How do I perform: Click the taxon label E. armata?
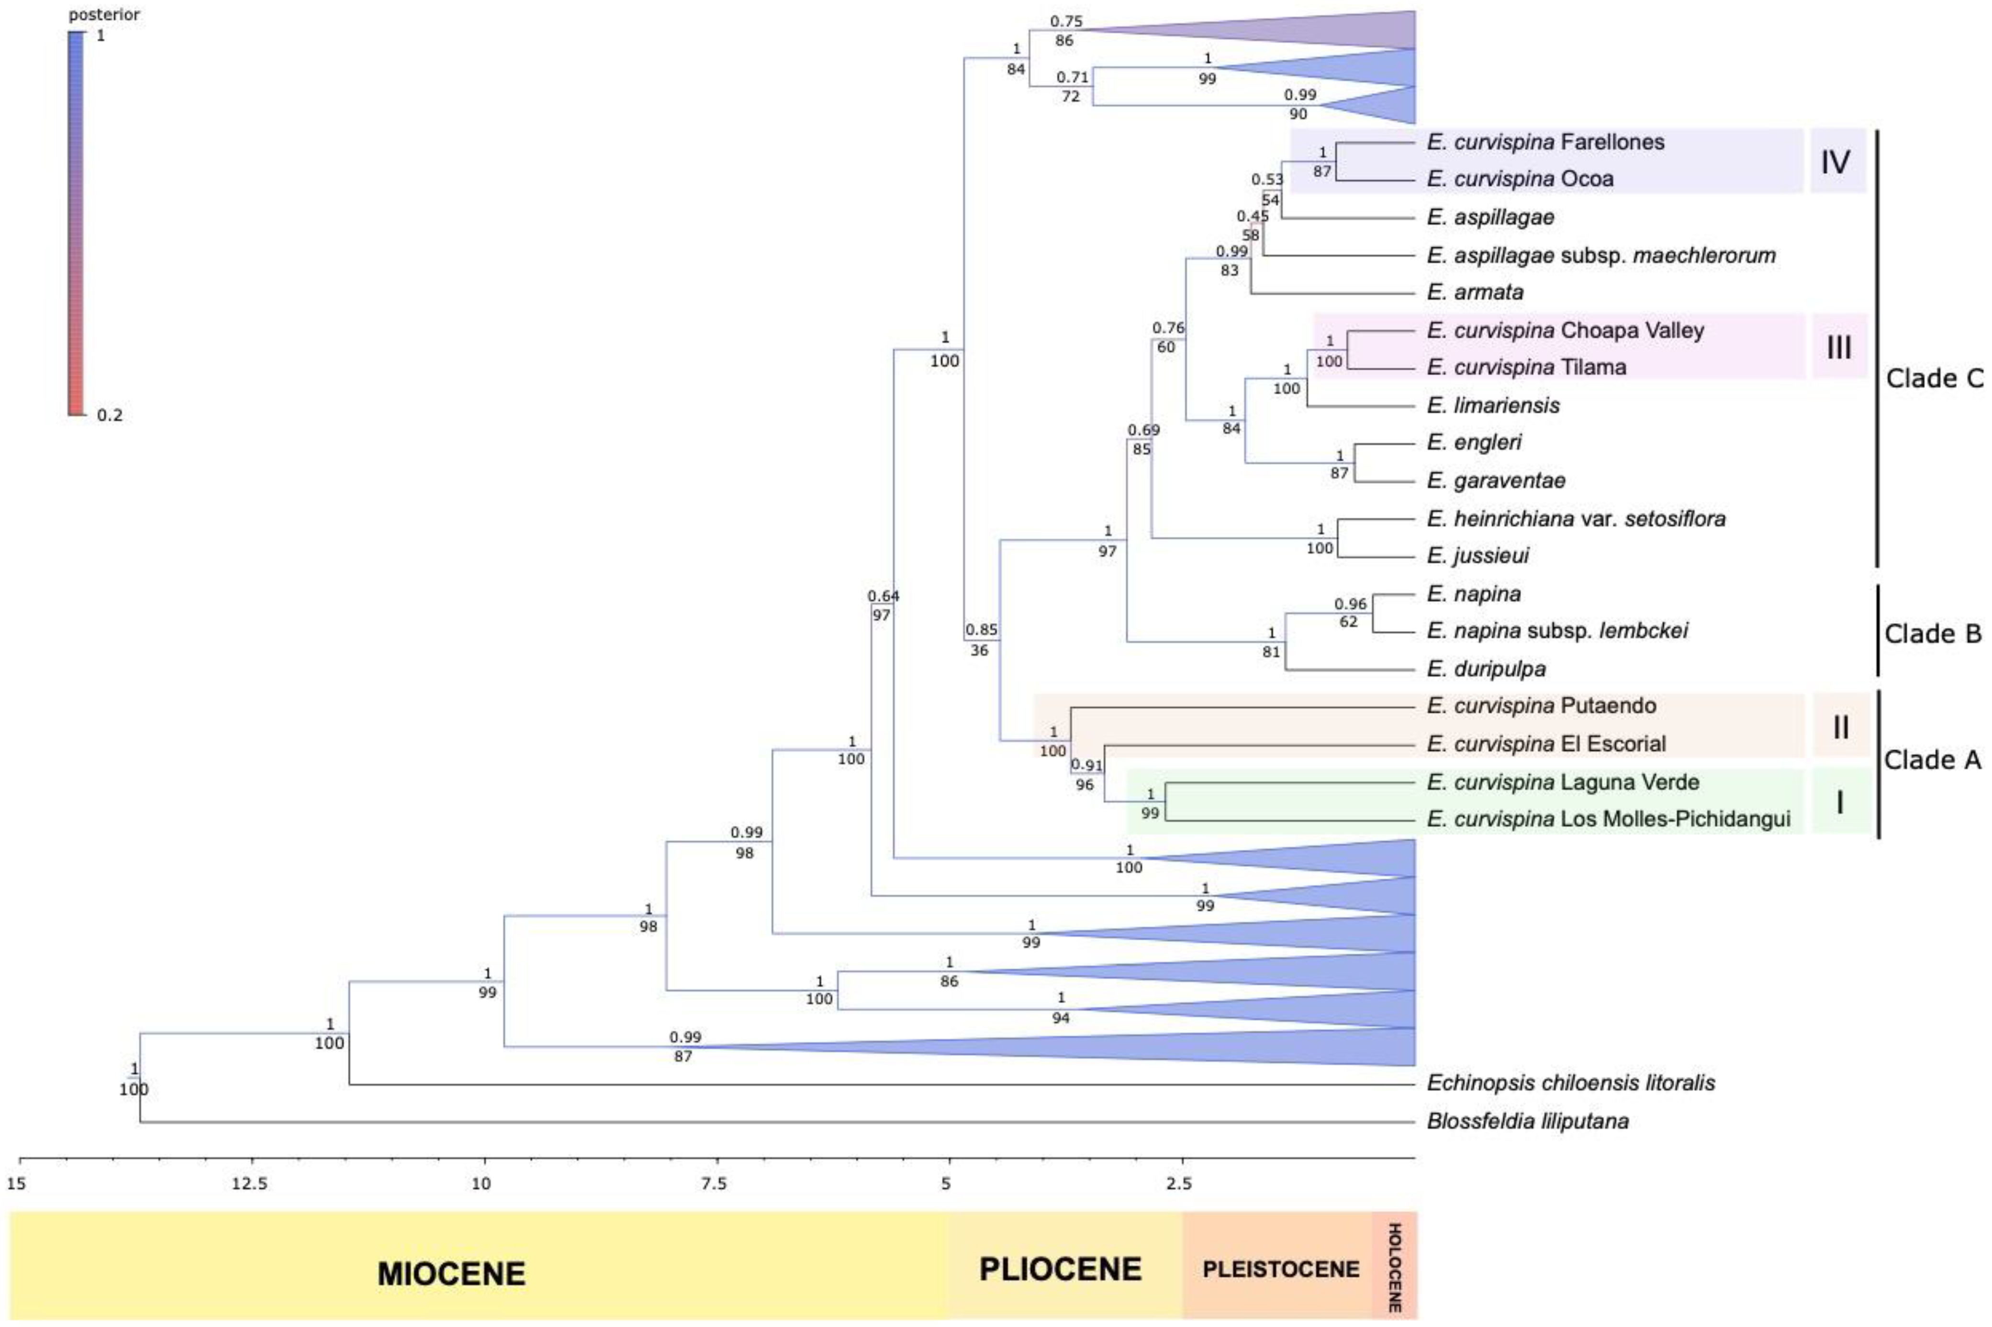[x=1486, y=292]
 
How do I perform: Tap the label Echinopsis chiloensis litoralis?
[x=1570, y=1082]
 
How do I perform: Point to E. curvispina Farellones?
[x=1544, y=142]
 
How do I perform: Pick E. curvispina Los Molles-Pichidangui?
[x=1608, y=819]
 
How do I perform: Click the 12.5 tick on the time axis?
[x=250, y=1182]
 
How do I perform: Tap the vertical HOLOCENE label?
[x=1394, y=1267]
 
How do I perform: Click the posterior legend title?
[x=104, y=14]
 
